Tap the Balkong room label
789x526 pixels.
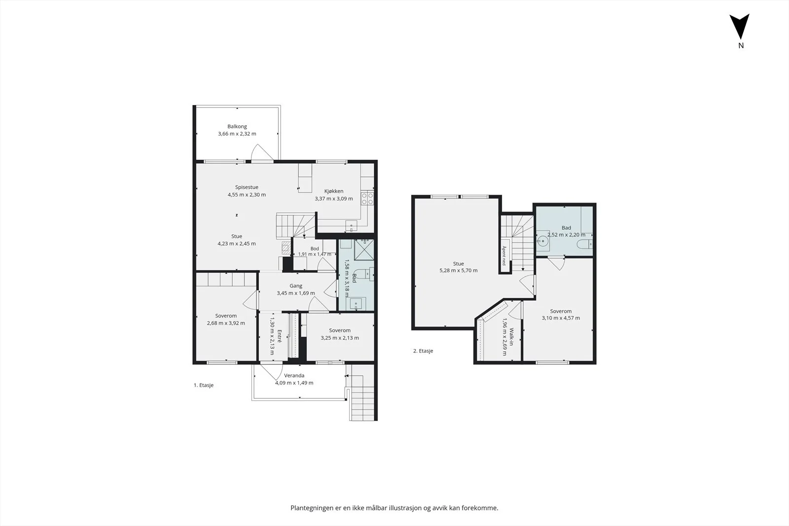237,126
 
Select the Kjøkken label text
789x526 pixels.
334,191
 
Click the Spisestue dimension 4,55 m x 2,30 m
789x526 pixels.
247,195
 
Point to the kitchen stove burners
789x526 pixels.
367,198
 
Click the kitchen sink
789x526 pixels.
351,226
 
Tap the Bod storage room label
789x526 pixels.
315,248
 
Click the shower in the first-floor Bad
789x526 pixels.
364,249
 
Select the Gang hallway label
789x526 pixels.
296,286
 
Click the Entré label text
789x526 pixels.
279,336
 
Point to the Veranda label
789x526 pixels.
294,376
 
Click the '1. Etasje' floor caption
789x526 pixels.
204,385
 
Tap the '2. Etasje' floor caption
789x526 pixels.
423,351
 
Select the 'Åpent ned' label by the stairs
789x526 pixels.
504,256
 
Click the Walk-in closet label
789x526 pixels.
511,337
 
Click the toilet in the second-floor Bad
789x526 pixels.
585,244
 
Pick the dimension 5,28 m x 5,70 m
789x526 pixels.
458,271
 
